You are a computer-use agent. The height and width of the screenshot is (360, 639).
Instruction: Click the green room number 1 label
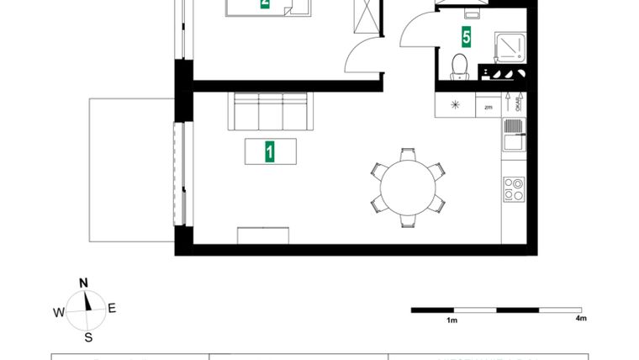tap(270, 151)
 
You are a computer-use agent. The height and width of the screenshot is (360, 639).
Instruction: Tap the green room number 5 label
tap(466, 37)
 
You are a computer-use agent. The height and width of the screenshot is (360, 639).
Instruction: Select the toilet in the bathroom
tap(459, 66)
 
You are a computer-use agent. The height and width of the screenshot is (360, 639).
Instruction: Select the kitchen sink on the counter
tap(514, 135)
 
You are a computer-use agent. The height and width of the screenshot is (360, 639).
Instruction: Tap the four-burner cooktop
tap(514, 188)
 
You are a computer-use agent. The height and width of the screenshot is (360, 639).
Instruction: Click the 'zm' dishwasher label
tap(488, 106)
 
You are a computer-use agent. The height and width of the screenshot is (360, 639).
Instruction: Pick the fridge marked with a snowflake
tap(455, 105)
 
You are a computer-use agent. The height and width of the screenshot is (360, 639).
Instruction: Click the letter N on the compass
tap(83, 283)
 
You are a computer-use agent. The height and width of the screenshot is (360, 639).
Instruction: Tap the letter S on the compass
tap(87, 338)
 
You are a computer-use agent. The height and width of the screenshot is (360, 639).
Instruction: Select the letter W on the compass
tap(59, 312)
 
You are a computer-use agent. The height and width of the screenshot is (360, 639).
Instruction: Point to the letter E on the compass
tap(112, 308)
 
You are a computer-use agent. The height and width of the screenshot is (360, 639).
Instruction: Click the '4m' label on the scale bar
tap(580, 319)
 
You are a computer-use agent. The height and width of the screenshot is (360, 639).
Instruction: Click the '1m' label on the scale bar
tap(452, 320)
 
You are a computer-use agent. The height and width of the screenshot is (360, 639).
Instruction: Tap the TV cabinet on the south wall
tap(264, 235)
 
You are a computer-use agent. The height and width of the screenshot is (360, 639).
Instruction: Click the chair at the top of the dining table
tap(408, 155)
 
